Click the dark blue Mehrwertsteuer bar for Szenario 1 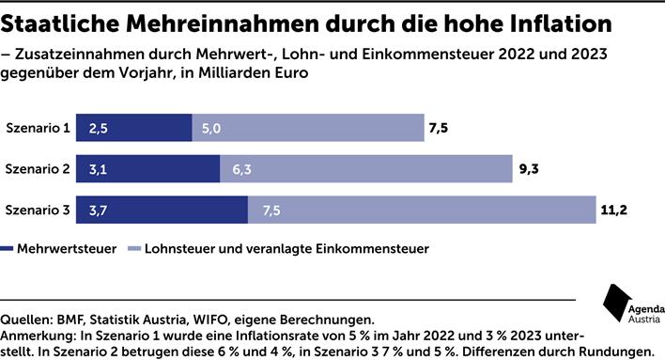click(x=134, y=128)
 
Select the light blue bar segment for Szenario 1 click(x=307, y=128)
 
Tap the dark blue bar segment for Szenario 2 click(x=148, y=169)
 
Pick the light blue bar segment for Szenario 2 click(x=365, y=169)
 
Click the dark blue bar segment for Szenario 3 click(x=162, y=211)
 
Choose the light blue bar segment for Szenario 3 click(x=420, y=211)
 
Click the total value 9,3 click(x=528, y=170)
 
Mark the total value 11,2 click(x=612, y=211)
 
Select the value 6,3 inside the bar click(x=241, y=170)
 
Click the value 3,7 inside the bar click(x=99, y=211)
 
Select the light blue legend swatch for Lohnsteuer click(x=133, y=249)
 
